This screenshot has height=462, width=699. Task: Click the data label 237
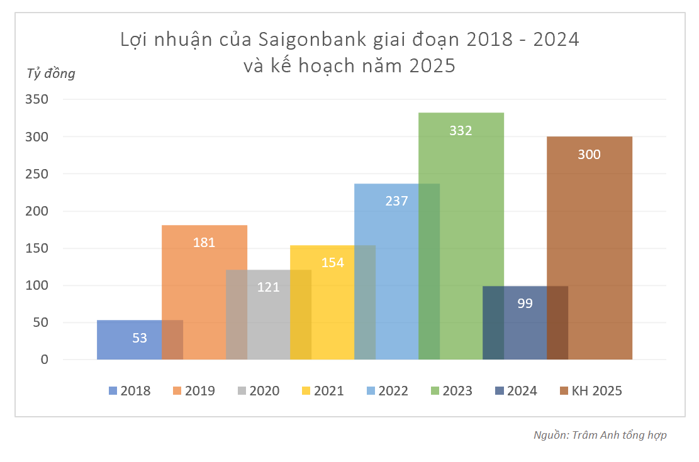396,201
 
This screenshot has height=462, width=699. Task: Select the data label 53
140,338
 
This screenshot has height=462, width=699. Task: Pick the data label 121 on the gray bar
269,287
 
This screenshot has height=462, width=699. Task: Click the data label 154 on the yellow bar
333,262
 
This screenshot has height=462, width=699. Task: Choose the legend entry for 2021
323,391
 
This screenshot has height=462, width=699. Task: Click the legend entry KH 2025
590,391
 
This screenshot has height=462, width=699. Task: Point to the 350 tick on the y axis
36,99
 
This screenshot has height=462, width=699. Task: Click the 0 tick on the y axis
44,360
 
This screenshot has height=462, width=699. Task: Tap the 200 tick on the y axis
36,211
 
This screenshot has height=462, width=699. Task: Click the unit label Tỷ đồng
50,74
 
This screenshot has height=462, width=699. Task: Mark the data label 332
461,131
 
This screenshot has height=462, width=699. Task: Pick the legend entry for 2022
387,391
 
